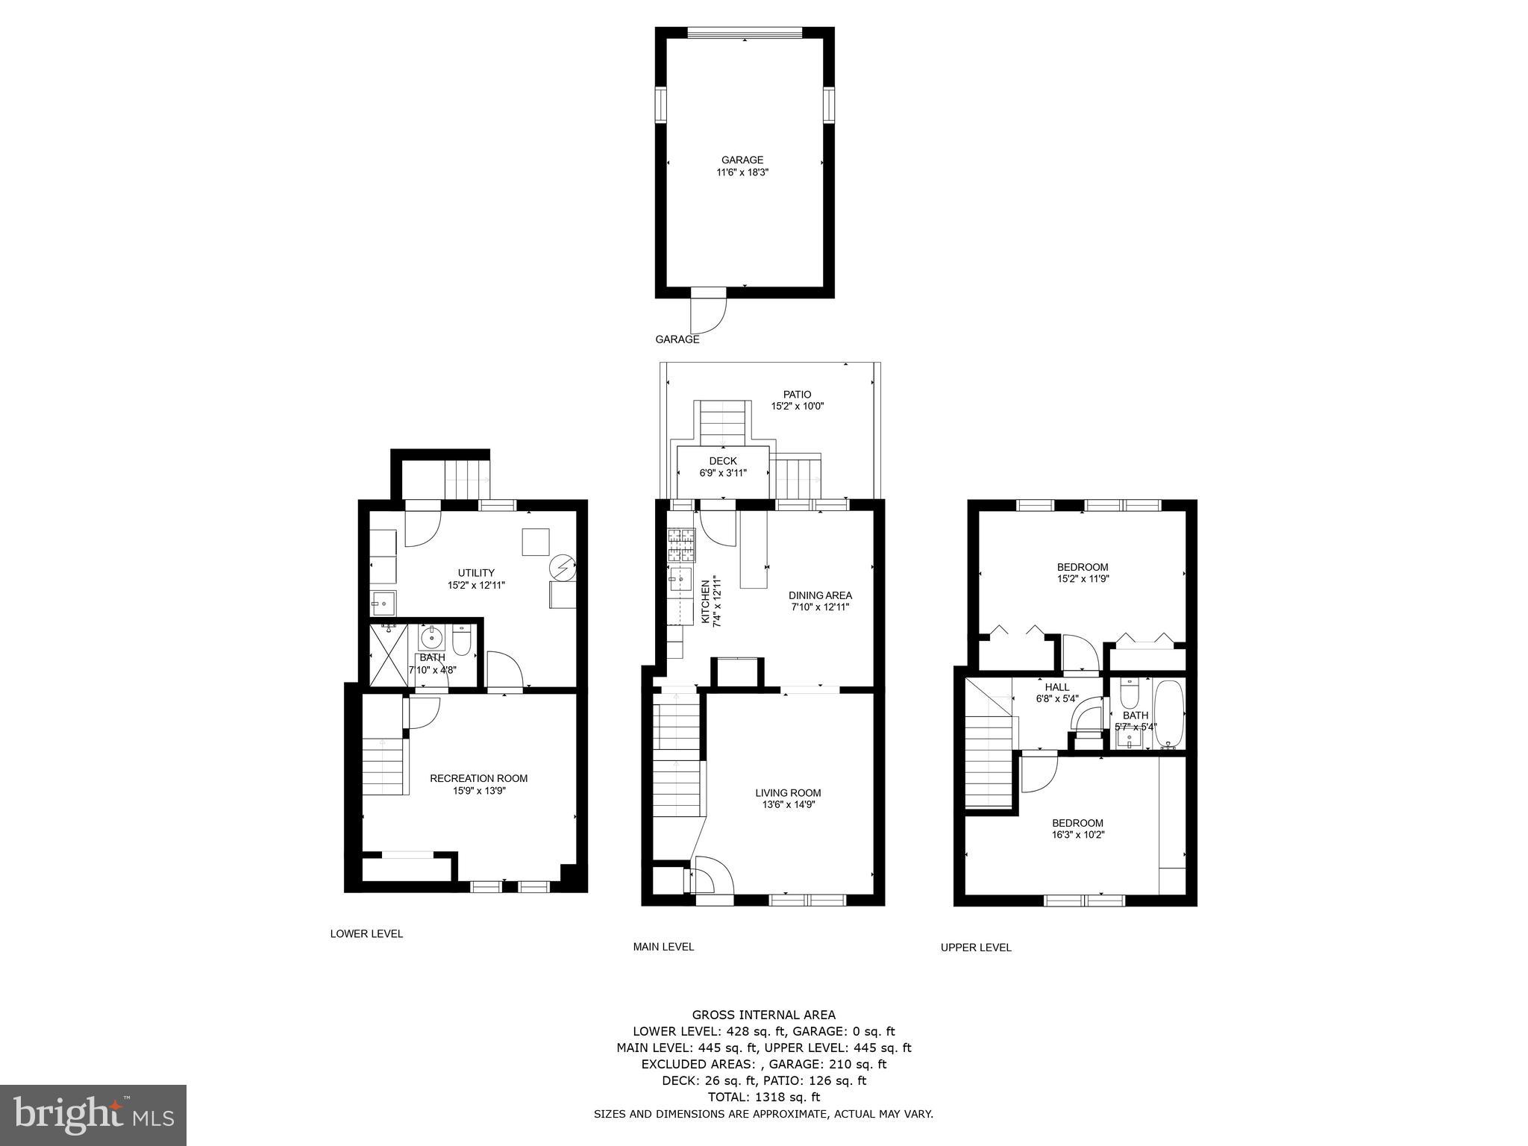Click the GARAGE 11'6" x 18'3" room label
click(742, 166)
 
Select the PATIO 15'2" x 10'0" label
click(797, 401)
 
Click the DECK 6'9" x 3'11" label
click(722, 467)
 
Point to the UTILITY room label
click(476, 579)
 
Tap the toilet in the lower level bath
click(462, 642)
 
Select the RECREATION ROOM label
click(478, 784)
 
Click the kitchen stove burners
click(681, 545)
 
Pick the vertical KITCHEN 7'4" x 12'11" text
click(710, 601)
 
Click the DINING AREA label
click(820, 601)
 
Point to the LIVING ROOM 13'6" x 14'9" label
click(788, 799)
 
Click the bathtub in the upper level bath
click(1168, 715)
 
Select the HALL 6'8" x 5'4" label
click(1056, 693)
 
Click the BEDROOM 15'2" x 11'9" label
click(1083, 572)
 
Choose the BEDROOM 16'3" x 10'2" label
click(1077, 829)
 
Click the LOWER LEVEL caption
click(366, 933)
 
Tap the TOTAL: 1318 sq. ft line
click(763, 1097)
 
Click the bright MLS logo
click(93, 1115)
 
